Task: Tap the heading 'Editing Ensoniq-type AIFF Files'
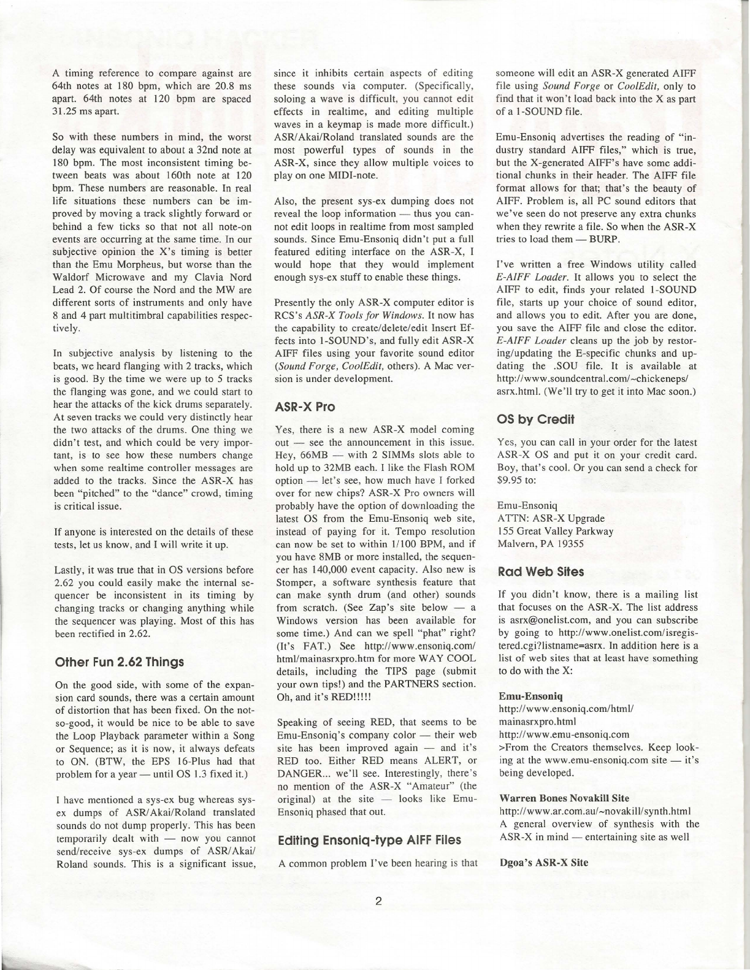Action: (x=369, y=839)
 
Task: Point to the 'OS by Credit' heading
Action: (x=535, y=419)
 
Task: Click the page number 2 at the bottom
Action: (x=378, y=901)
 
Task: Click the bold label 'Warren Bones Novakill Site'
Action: (x=564, y=798)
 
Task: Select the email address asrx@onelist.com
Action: (x=561, y=620)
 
